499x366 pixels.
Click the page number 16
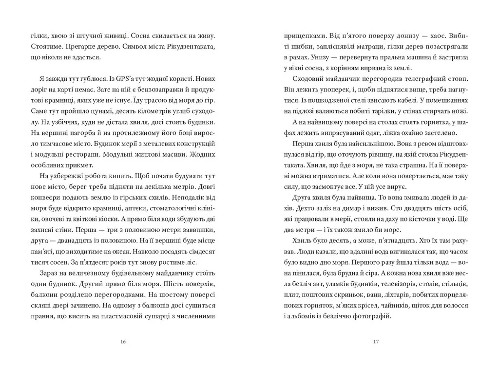pyautogui.click(x=123, y=342)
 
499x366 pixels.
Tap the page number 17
pyautogui.click(x=376, y=342)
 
